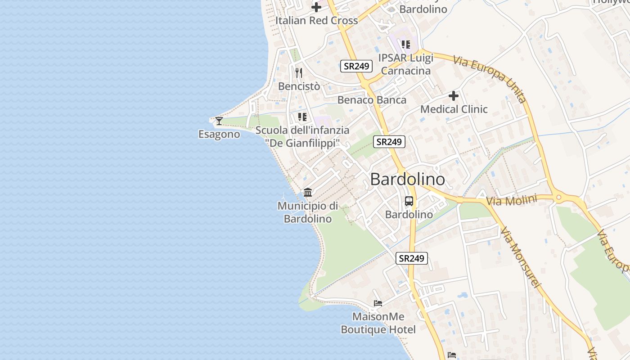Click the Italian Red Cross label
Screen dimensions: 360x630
coord(316,20)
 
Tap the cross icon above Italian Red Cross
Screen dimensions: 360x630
coord(316,7)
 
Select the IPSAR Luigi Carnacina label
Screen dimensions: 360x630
coord(405,64)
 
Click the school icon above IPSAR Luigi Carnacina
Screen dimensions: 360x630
coord(406,44)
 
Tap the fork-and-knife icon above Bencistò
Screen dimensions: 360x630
coord(299,72)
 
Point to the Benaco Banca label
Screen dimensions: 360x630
coord(372,100)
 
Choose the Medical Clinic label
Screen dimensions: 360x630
coord(454,109)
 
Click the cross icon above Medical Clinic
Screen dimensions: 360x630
coord(454,95)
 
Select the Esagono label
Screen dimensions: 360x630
coord(219,134)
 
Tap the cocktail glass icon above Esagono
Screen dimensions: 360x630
coord(219,121)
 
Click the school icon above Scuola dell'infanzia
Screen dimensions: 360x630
coord(302,117)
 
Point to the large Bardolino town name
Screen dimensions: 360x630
coord(407,179)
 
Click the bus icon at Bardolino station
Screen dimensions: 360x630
coord(409,201)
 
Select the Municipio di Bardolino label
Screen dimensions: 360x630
coord(308,212)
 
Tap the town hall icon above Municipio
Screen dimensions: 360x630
coord(308,193)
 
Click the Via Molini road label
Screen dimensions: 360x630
coord(512,200)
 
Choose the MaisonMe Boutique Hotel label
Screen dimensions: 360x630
coord(378,323)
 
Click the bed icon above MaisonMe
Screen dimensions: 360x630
coord(378,303)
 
